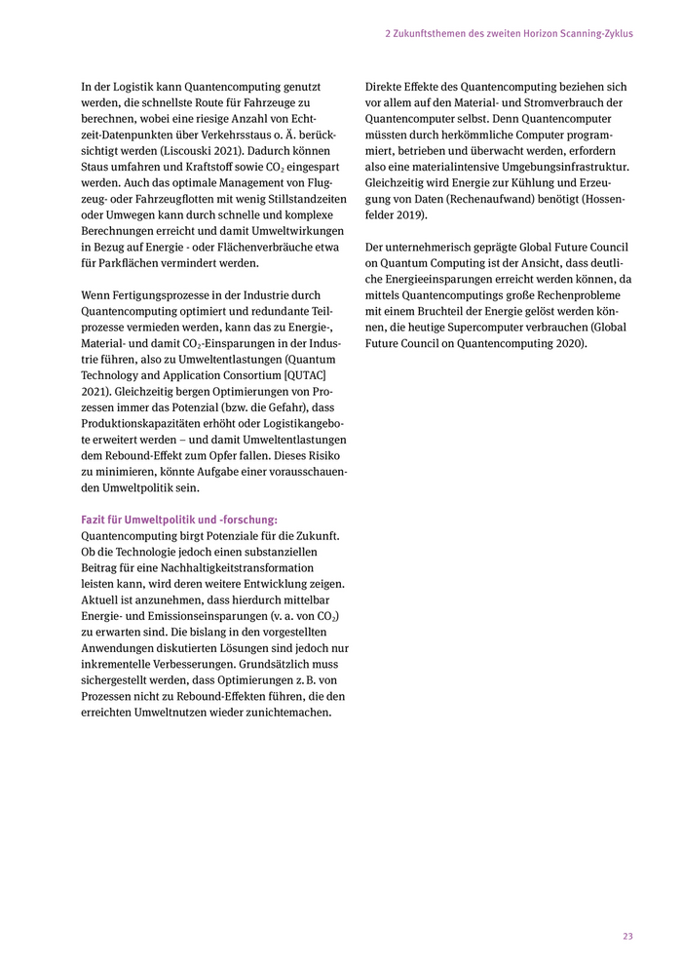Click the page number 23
(x=627, y=936)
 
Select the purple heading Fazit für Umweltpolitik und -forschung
(x=179, y=520)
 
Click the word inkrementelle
(x=121, y=648)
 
